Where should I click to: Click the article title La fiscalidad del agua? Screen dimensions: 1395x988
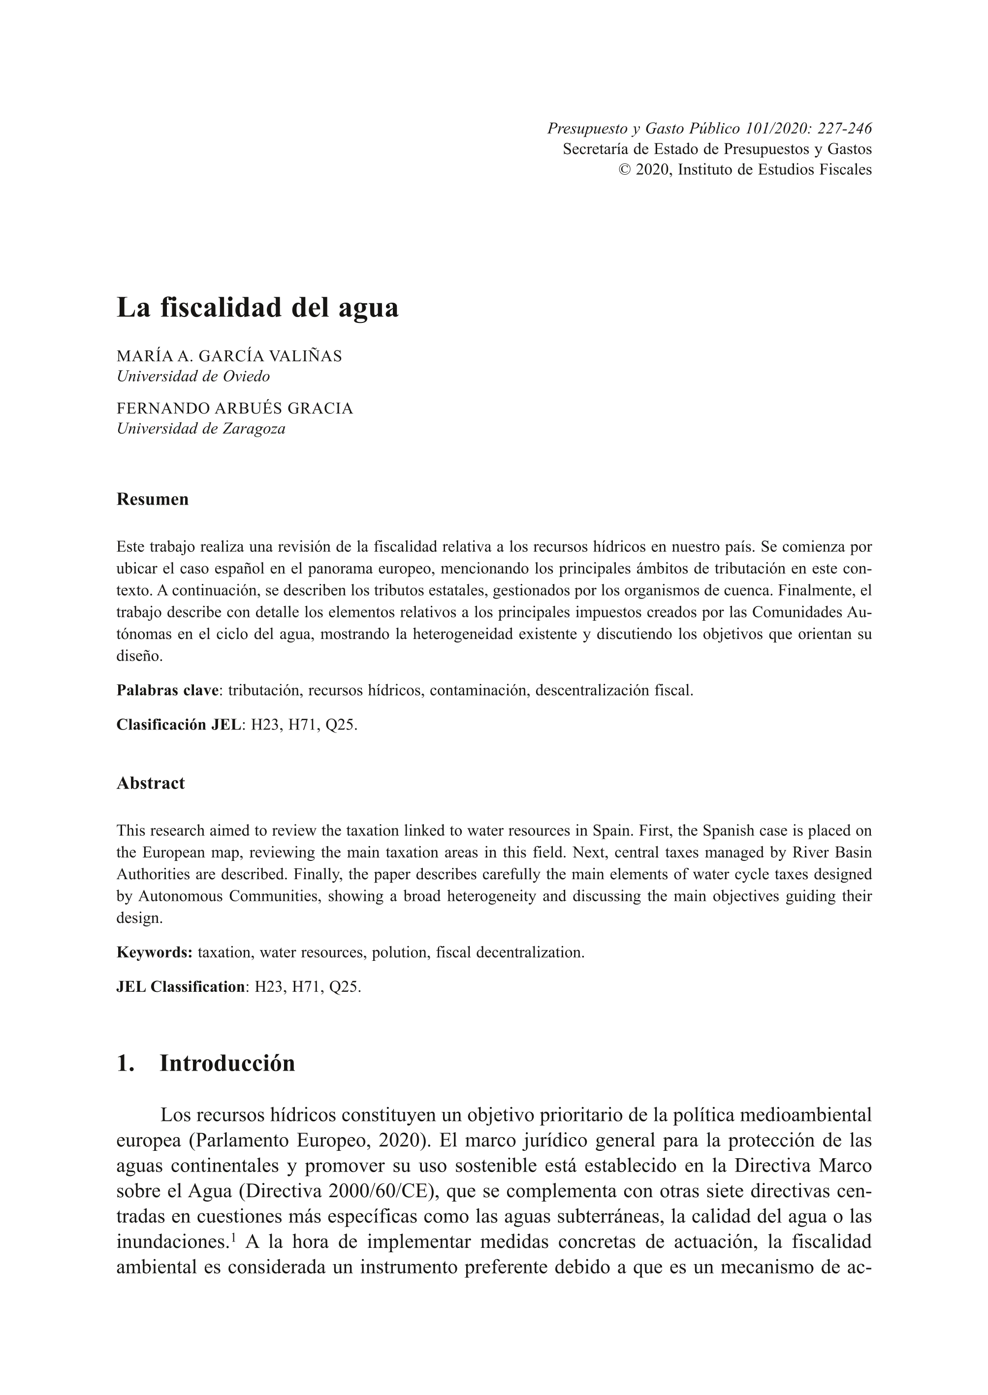tap(257, 307)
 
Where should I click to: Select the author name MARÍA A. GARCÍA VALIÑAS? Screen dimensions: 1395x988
tap(229, 356)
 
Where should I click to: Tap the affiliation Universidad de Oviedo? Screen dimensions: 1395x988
tap(193, 377)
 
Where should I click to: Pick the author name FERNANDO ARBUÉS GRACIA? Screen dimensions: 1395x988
tap(234, 408)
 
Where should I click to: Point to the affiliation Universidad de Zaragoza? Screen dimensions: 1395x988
tap(201, 429)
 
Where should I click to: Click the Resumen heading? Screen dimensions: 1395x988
tap(152, 500)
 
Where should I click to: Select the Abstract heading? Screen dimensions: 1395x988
tap(150, 783)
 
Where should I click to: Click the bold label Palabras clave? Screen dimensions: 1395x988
tap(167, 691)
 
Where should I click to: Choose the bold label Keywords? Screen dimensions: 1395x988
tap(155, 952)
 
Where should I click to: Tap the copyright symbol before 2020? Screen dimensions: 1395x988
tap(624, 170)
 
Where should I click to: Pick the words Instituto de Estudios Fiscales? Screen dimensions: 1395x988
tap(774, 170)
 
